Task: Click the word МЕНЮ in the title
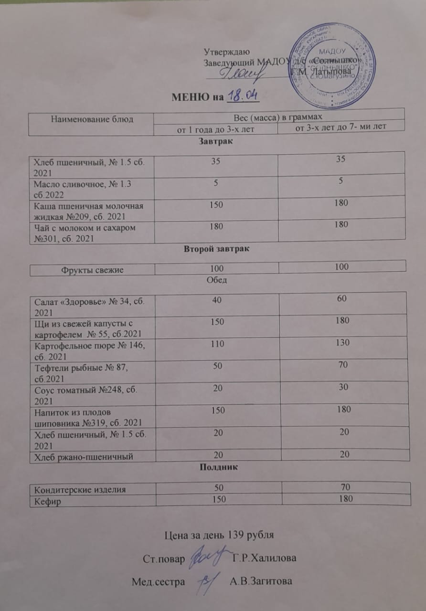192,98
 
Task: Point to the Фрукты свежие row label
92,270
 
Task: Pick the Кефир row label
43,500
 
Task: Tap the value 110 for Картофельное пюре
217,343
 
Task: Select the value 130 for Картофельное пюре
342,342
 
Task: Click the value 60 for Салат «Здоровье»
341,299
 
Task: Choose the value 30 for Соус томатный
341,388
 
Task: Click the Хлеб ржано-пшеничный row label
82,457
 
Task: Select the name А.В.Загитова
261,582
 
